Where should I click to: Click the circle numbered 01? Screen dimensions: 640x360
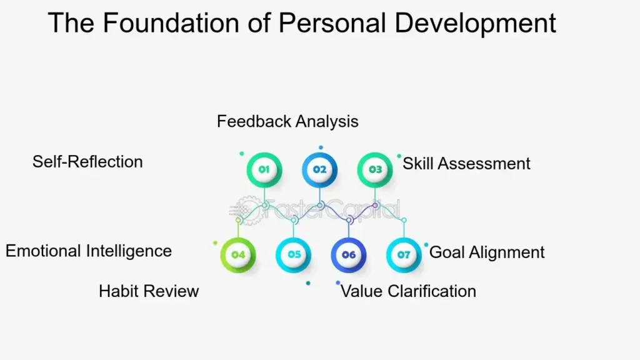pos(264,170)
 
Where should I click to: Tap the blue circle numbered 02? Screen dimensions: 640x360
pos(319,170)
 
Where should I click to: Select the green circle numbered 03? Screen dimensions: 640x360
pos(375,170)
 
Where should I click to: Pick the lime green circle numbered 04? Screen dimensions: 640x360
pos(238,255)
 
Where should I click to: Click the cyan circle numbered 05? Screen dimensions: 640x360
pos(294,255)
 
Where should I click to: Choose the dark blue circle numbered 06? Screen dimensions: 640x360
pos(349,255)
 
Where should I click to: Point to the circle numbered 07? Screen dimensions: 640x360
pos(404,255)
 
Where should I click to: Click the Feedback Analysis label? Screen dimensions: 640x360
pos(287,122)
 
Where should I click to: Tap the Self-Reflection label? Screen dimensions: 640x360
pos(87,162)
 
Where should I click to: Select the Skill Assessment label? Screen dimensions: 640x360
pos(466,164)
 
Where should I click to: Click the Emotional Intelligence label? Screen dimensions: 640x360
pos(89,251)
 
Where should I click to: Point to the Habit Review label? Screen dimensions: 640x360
pos(149,291)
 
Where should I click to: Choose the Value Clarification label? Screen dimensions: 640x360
pos(408,291)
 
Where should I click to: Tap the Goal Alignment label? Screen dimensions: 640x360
pos(487,252)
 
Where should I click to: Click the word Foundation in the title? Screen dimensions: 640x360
pos(171,23)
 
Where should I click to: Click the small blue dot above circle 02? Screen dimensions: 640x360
pos(321,147)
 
